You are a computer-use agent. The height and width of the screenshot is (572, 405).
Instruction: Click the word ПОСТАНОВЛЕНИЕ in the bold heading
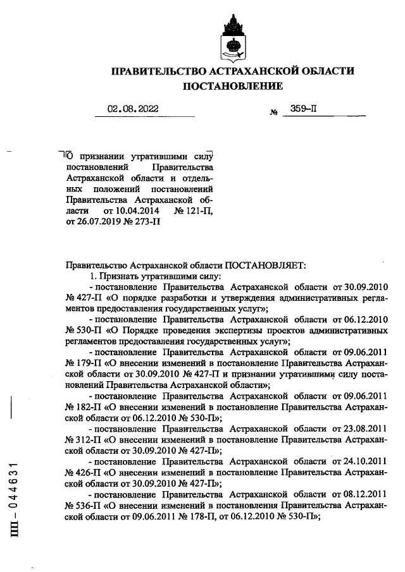click(x=233, y=85)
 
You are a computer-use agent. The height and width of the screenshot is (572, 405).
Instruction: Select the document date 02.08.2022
click(x=133, y=109)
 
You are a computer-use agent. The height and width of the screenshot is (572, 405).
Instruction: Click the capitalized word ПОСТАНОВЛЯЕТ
click(x=264, y=266)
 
